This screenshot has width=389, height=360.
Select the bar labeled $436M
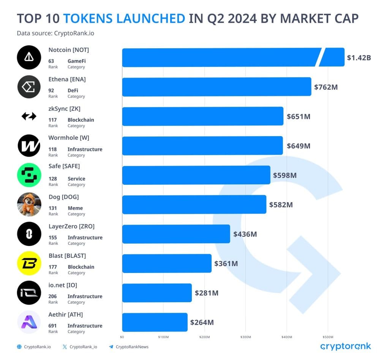[x=176, y=234]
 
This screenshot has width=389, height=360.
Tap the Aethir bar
[x=155, y=322]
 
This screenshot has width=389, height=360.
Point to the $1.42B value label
[x=359, y=58]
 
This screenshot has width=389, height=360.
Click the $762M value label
[x=326, y=87]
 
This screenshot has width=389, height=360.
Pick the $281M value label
[x=206, y=293]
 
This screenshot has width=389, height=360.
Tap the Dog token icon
[x=29, y=205]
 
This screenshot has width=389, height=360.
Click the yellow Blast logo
[x=29, y=263]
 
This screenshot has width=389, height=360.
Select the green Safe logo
[x=29, y=175]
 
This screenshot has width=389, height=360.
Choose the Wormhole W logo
[x=29, y=146]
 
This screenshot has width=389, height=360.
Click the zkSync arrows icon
[x=29, y=116]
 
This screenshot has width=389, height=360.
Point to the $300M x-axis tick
[x=245, y=337]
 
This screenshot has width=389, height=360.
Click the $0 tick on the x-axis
[x=122, y=337]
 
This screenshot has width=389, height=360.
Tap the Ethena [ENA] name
[x=67, y=79]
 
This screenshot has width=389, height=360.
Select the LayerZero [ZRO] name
[x=71, y=226]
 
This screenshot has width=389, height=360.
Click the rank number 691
[x=52, y=325]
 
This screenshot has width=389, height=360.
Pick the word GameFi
[x=76, y=61]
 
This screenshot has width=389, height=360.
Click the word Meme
[x=75, y=208]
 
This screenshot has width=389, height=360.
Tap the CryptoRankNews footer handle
[x=132, y=347]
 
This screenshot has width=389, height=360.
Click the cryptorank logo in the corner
[x=345, y=346]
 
